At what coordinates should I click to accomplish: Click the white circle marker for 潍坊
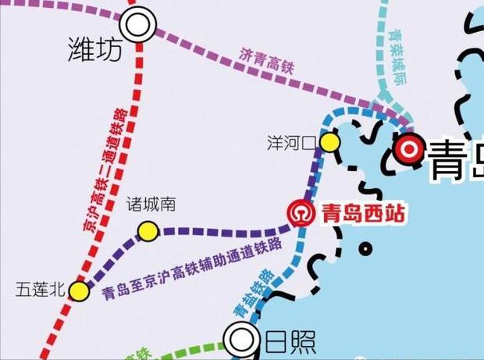(138, 25)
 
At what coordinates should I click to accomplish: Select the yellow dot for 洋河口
(329, 142)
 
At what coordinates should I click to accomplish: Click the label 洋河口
(290, 143)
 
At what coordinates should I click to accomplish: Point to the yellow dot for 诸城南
(148, 230)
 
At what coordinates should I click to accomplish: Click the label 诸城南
(151, 205)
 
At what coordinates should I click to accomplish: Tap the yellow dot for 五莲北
(79, 290)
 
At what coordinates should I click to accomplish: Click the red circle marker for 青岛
(409, 148)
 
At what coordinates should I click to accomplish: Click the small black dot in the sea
(365, 250)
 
